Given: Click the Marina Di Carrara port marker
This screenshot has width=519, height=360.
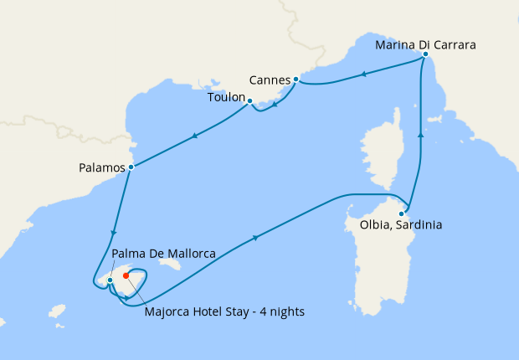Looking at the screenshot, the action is click(425, 54).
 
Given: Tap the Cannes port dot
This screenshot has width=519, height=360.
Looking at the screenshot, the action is click(296, 80).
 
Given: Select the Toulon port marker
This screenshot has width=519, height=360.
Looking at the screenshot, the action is click(250, 101).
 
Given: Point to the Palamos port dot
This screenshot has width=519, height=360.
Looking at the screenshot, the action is click(131, 167).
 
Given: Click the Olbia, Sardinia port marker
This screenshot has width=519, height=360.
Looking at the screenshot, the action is click(402, 213).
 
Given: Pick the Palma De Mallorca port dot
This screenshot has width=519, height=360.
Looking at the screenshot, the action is click(110, 280).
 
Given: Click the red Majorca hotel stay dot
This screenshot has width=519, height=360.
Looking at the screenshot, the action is click(126, 275).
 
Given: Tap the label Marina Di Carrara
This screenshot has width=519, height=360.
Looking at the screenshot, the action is click(425, 44).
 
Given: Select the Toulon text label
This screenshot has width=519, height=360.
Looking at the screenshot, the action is click(225, 98).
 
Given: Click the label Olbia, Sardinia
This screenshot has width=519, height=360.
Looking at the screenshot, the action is click(402, 225).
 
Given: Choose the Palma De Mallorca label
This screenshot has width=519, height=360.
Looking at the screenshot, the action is click(164, 254).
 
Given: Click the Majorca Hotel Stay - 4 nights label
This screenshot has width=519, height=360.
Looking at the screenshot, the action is click(224, 312).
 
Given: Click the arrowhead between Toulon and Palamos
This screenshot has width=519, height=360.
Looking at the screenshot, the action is click(195, 136).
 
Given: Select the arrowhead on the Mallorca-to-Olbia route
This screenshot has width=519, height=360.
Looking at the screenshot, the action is click(254, 239).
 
